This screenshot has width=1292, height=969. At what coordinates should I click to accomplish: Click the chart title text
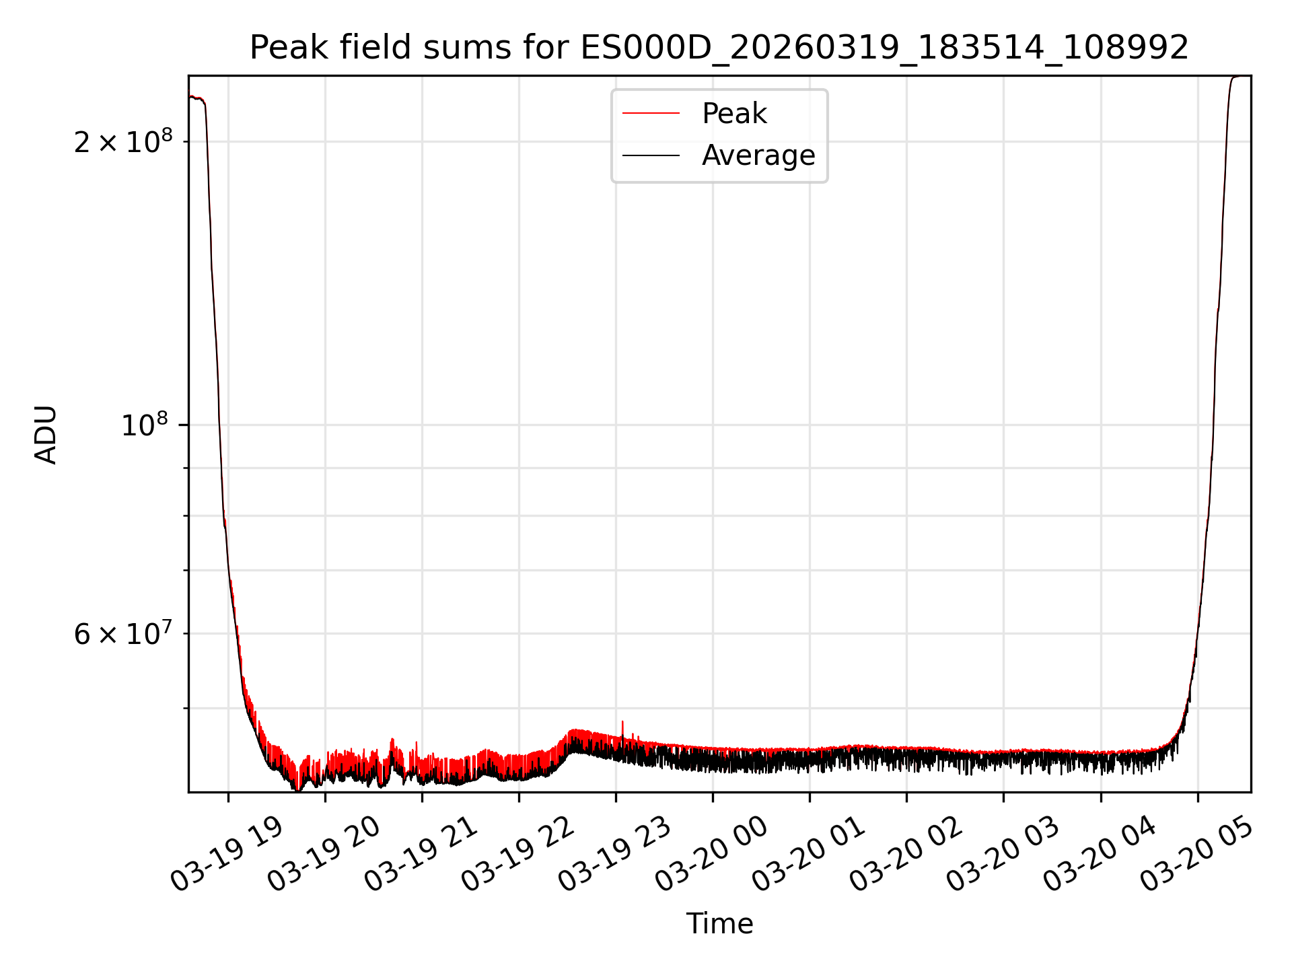(x=719, y=48)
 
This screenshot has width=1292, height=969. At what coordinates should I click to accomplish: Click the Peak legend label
(x=734, y=114)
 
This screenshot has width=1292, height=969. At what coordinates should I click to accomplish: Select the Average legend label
(x=758, y=155)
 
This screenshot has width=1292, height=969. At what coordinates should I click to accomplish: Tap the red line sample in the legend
(x=651, y=114)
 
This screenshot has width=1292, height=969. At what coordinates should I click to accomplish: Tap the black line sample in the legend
(x=651, y=155)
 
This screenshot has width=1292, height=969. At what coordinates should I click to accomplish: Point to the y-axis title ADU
(x=46, y=435)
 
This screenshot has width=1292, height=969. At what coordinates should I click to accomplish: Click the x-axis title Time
(x=719, y=924)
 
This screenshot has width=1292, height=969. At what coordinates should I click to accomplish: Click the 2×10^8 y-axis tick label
(x=123, y=141)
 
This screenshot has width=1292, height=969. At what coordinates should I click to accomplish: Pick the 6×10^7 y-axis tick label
(x=123, y=634)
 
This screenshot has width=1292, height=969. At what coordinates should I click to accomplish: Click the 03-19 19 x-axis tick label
(x=227, y=854)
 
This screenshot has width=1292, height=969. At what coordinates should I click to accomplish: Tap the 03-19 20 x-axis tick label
(x=324, y=854)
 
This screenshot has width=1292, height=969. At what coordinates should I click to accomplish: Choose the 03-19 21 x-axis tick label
(x=421, y=854)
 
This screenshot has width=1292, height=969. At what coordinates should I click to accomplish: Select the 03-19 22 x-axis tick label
(x=517, y=854)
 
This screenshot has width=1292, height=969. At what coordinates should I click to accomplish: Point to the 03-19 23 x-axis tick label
(x=614, y=854)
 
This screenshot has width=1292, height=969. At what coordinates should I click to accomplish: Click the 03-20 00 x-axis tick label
(x=711, y=854)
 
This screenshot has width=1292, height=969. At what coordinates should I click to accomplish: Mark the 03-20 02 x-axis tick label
(x=905, y=854)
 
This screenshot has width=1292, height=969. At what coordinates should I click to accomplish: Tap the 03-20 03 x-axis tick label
(x=1002, y=854)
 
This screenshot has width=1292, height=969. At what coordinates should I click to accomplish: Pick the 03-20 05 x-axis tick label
(x=1196, y=854)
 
